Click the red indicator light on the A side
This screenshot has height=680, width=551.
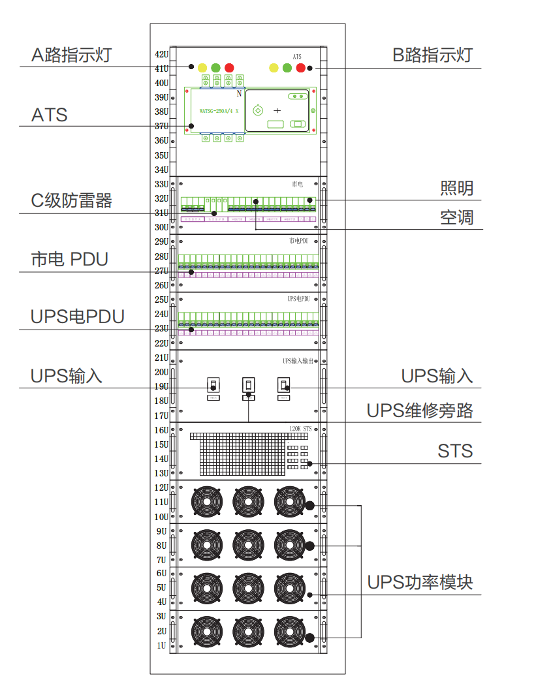point(229,67)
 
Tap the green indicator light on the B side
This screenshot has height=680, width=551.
point(287,67)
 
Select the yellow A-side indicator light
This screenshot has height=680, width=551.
point(202,67)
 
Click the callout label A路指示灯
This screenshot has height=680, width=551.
point(71,55)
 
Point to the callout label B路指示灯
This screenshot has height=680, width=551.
point(432,55)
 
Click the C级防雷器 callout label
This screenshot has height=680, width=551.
point(72,200)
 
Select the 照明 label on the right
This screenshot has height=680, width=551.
point(456,189)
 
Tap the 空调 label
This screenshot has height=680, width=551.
point(456,217)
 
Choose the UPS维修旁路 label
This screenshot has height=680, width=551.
point(420,411)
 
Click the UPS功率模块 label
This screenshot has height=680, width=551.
point(420,582)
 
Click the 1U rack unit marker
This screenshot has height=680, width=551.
point(161,645)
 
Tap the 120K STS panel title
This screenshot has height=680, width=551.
point(301,429)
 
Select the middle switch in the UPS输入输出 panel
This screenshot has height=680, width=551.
point(248,384)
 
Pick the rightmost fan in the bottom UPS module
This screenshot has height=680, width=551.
point(291,632)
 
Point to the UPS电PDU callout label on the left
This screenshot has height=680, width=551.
point(78,317)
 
